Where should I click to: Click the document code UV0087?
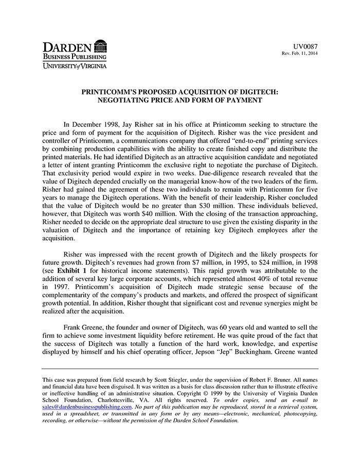tap(306, 46)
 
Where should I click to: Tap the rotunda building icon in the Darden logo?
tap(101, 45)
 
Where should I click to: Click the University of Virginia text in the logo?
tap(75, 66)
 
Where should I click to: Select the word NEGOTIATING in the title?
tap(128, 100)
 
